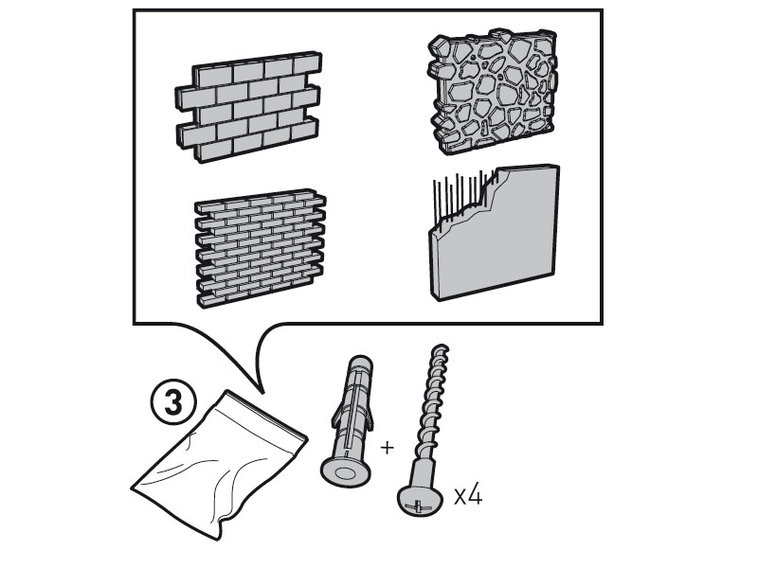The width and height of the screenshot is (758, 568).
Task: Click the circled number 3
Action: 173,403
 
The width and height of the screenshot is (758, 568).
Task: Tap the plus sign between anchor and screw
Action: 387,448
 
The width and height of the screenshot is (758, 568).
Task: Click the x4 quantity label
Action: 468,496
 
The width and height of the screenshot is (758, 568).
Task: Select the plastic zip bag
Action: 219,464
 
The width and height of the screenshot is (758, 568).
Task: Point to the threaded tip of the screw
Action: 440,349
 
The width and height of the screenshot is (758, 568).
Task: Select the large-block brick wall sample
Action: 248,106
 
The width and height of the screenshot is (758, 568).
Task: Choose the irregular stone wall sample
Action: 493,92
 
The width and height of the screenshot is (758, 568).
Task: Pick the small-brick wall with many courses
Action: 260,248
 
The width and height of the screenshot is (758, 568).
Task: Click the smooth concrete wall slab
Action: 495,233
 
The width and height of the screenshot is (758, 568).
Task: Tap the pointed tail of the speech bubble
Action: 262,390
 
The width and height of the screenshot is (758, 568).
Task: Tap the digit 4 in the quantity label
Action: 476,495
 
